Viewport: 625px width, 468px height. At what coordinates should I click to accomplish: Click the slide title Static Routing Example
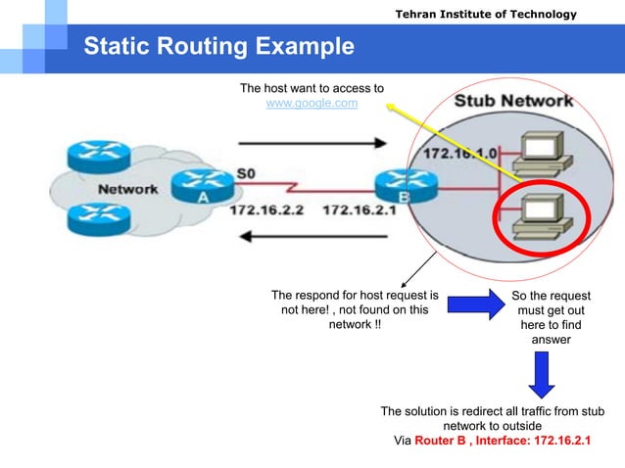[x=218, y=46]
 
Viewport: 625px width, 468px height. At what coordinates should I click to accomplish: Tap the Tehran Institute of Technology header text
[x=485, y=14]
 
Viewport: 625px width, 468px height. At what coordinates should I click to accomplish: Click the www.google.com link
[x=312, y=103]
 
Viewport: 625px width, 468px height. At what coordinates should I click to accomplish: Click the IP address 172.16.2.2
[x=267, y=210]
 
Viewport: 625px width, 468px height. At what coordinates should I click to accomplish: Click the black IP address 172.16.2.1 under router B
[x=360, y=210]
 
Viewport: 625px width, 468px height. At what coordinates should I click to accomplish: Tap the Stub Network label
[x=514, y=101]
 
